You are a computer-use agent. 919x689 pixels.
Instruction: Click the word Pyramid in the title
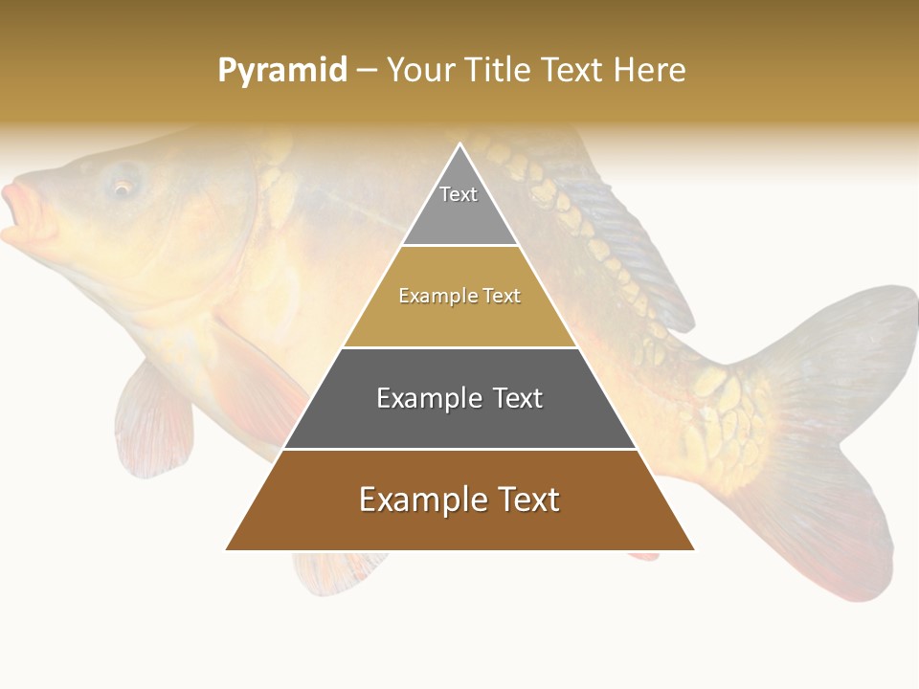pos(281,71)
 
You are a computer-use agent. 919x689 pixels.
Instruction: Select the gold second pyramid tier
pos(459,306)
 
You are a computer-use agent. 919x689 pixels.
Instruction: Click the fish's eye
pos(123,186)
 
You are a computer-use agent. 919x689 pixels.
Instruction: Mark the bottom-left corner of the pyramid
pos(226,549)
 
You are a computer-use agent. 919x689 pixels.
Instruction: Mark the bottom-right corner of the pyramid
pos(694,549)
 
